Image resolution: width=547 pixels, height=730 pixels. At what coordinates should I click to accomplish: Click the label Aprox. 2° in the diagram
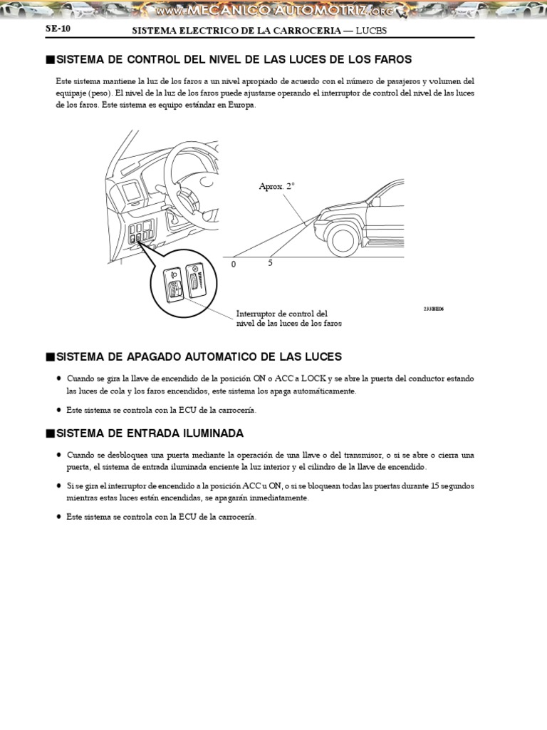276,186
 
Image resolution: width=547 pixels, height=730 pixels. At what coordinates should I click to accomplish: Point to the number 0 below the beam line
233,264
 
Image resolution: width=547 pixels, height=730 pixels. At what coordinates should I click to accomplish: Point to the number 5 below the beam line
270,262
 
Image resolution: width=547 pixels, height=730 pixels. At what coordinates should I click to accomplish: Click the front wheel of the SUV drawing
343,240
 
